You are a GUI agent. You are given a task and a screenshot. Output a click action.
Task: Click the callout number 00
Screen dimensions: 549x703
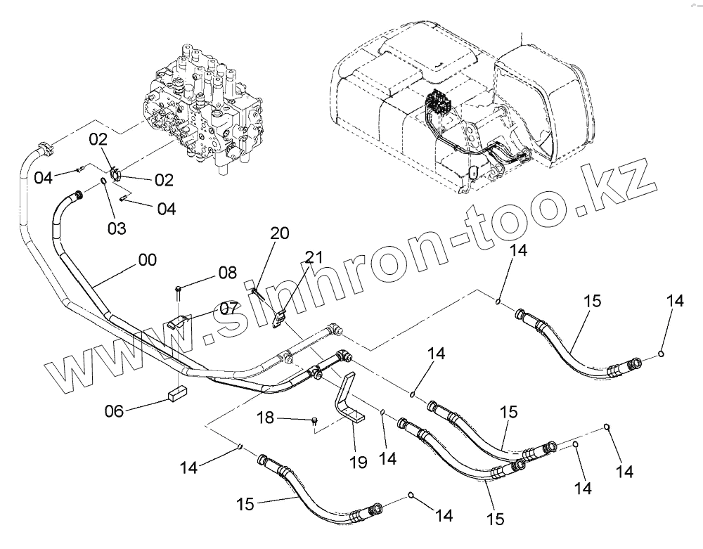147,260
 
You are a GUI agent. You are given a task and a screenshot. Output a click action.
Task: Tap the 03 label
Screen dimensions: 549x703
116,228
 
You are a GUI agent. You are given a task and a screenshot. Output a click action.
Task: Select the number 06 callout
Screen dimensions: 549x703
114,410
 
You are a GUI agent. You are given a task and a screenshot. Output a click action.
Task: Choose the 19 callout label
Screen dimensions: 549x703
358,462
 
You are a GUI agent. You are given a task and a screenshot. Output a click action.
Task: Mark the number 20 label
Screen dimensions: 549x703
279,234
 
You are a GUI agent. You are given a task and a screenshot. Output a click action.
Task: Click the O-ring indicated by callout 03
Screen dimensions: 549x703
103,183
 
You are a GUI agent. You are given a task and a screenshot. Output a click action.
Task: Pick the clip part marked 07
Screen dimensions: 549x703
178,323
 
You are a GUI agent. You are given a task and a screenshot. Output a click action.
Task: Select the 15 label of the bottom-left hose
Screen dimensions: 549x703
245,503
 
